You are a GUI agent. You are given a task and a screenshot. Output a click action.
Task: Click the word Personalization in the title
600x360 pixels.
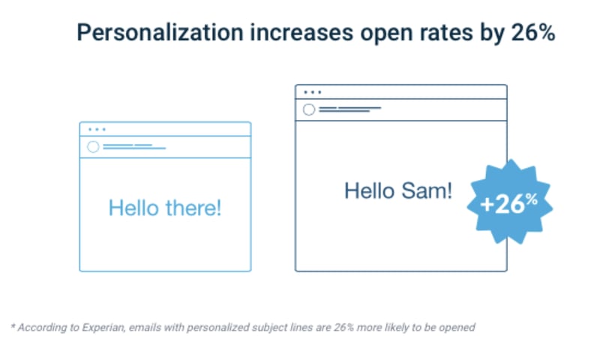160,32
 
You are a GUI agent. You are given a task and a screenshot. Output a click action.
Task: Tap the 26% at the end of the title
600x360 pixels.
533,32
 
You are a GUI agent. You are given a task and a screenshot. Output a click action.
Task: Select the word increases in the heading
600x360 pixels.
301,32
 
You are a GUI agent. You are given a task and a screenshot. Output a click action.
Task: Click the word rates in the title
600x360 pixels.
446,33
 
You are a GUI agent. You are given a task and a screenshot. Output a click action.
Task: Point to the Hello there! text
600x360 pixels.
165,208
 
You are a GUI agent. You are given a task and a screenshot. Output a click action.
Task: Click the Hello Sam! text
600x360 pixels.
398,190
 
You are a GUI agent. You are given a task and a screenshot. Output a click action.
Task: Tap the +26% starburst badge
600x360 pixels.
510,202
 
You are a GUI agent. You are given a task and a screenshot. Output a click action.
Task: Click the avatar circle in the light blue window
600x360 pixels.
93,147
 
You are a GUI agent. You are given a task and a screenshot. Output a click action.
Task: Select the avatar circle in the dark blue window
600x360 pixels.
309,109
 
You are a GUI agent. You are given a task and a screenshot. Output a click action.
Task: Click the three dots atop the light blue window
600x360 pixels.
97,129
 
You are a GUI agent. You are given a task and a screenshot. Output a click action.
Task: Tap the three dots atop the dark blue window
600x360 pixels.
313,92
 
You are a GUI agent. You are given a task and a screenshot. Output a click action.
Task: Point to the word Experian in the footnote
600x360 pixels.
103,328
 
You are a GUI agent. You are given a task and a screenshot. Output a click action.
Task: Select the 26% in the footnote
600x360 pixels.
343,328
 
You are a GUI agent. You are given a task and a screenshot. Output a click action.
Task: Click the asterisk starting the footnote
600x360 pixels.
13,326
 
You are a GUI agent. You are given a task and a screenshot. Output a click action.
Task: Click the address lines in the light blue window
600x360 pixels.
134,146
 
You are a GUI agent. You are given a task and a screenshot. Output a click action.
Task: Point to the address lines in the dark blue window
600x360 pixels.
350,109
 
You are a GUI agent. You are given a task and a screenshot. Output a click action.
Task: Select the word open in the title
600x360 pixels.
386,34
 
